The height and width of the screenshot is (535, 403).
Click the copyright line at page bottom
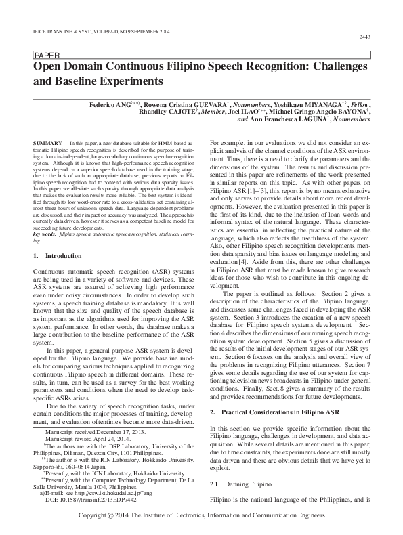point(201,515)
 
